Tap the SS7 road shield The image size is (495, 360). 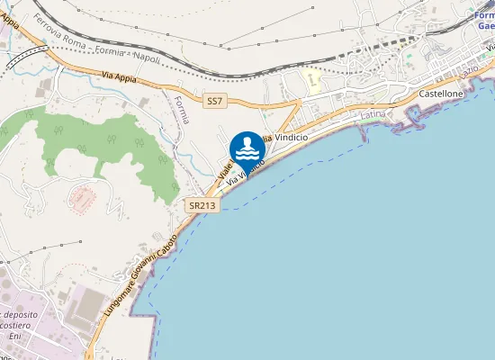pyautogui.click(x=213, y=102)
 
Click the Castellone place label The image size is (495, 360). pyautogui.click(x=441, y=94)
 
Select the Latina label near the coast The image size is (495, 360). pyautogui.click(x=372, y=115)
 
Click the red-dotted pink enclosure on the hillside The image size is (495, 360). pyautogui.click(x=82, y=197)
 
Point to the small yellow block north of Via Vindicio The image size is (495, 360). pyautogui.click(x=311, y=78)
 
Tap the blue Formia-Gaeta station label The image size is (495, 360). pyautogui.click(x=484, y=21)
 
